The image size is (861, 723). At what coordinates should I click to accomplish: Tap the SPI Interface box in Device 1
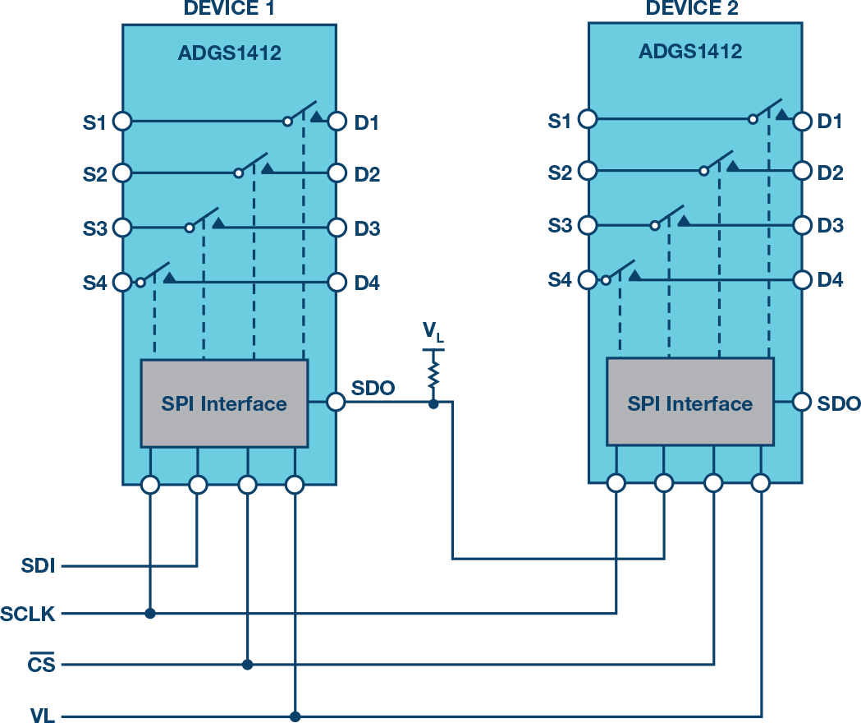tap(224, 403)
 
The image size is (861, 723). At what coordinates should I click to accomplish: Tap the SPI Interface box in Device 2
tap(689, 403)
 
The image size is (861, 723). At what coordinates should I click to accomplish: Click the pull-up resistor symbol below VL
tap(433, 376)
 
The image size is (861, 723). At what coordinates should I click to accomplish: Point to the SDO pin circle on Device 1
tap(336, 402)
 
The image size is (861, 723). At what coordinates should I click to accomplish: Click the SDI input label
tap(38, 566)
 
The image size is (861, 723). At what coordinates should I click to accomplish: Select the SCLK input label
tap(29, 614)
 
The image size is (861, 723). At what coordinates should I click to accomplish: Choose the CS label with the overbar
tap(41, 664)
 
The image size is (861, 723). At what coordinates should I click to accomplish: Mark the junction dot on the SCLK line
tap(149, 613)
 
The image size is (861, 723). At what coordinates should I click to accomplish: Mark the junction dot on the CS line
tap(247, 664)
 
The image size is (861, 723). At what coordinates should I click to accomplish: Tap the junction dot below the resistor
tap(433, 403)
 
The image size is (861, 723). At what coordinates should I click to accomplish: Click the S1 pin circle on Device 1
tap(122, 122)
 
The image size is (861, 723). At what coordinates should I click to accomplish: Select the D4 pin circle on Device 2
tap(802, 280)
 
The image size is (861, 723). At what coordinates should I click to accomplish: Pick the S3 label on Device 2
tap(560, 225)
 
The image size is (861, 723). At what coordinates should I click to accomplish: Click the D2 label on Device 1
tap(367, 174)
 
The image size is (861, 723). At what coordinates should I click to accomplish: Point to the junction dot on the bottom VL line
tap(295, 716)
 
